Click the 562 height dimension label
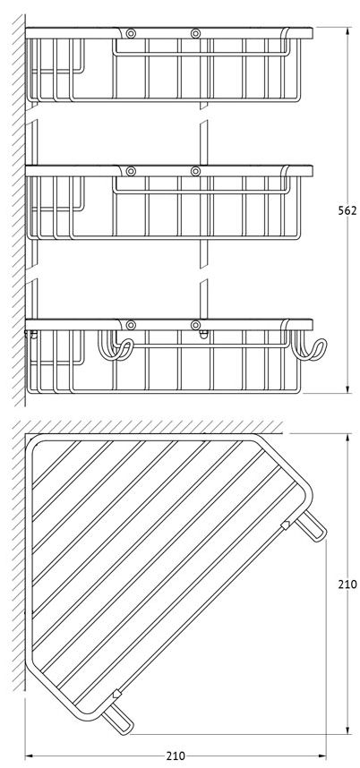347,210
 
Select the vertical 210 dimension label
347,584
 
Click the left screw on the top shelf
131,33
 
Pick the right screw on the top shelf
195,33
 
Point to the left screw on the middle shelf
131,171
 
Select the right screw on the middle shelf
195,171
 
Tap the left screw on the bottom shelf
131,325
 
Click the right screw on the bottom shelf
195,325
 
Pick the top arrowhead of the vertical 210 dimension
347,439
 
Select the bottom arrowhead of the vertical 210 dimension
347,730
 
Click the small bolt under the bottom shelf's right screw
204,335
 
